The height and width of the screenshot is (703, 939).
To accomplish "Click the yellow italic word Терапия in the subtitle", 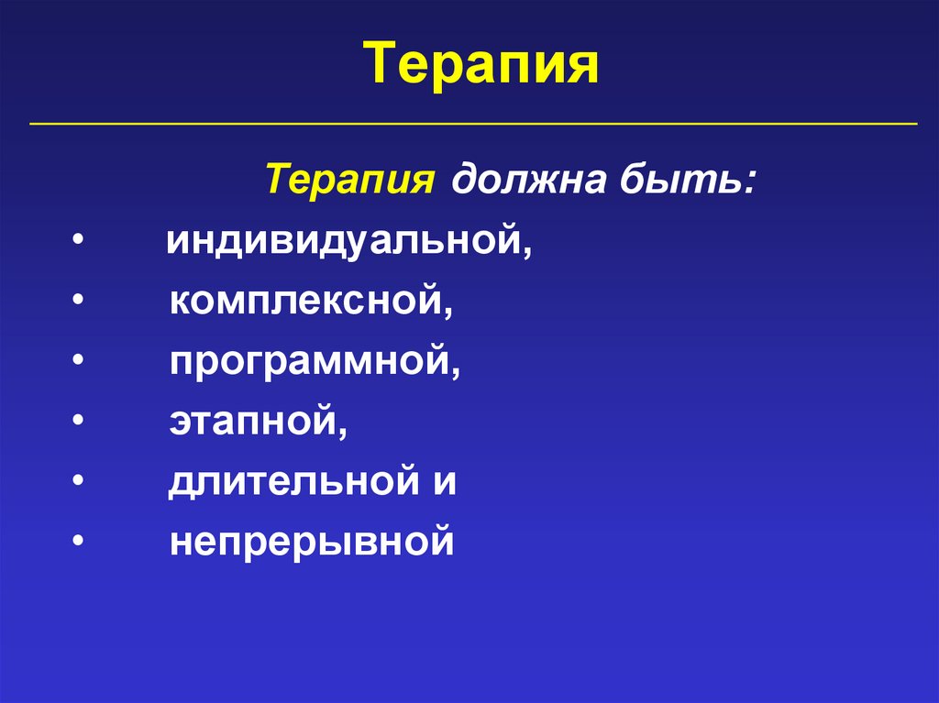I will coord(350,177).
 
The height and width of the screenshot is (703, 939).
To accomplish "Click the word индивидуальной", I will coord(348,243).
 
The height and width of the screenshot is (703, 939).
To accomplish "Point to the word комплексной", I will coord(310,302).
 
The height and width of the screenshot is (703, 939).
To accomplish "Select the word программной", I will coord(313,362).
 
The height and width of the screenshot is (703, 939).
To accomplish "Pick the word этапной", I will coord(257,422).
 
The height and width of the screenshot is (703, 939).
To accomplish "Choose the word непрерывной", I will coord(312,542).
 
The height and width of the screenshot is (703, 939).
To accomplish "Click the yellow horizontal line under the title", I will coord(473,123).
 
